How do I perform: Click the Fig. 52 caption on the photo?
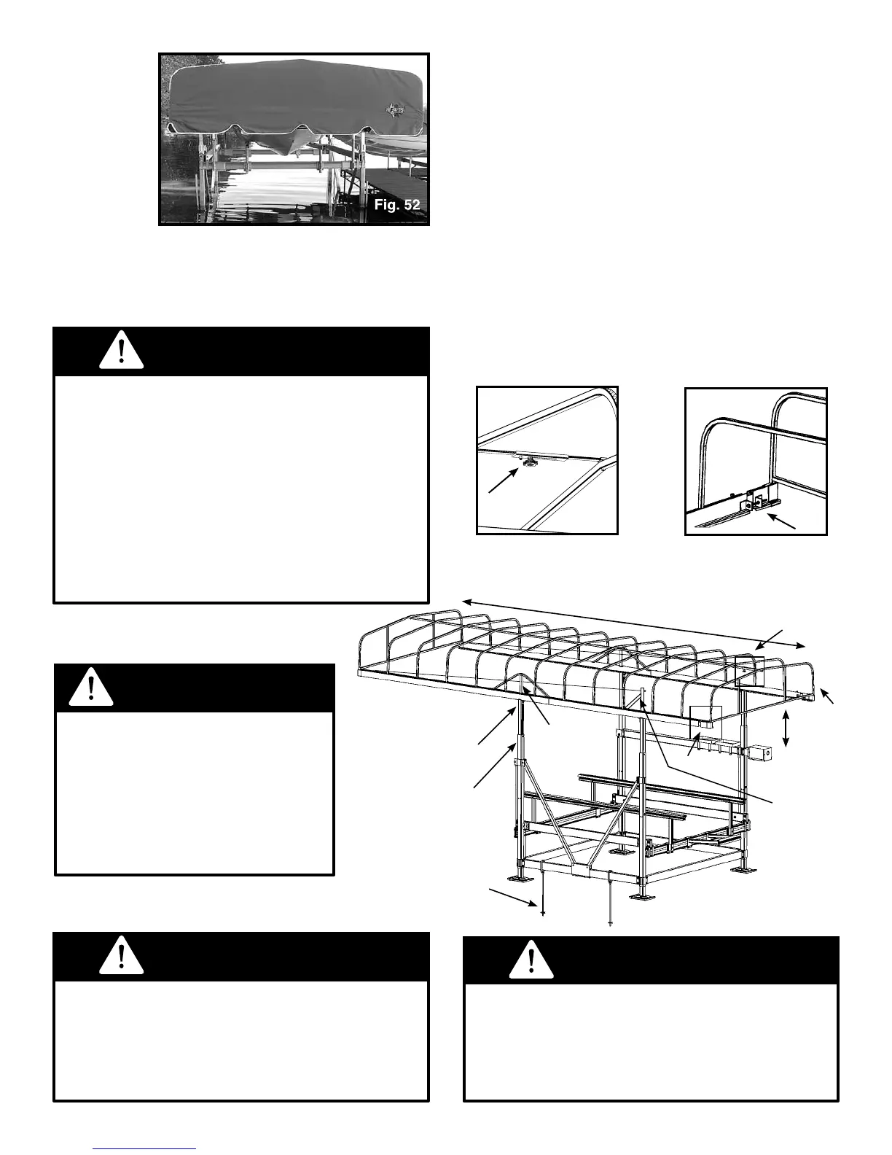click(x=397, y=205)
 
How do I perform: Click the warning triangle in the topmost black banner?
click(x=121, y=352)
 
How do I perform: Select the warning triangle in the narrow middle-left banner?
click(x=90, y=688)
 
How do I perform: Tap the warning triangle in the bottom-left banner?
click(x=121, y=957)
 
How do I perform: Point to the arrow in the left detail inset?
click(x=503, y=481)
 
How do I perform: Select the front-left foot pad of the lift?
click(x=524, y=879)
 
